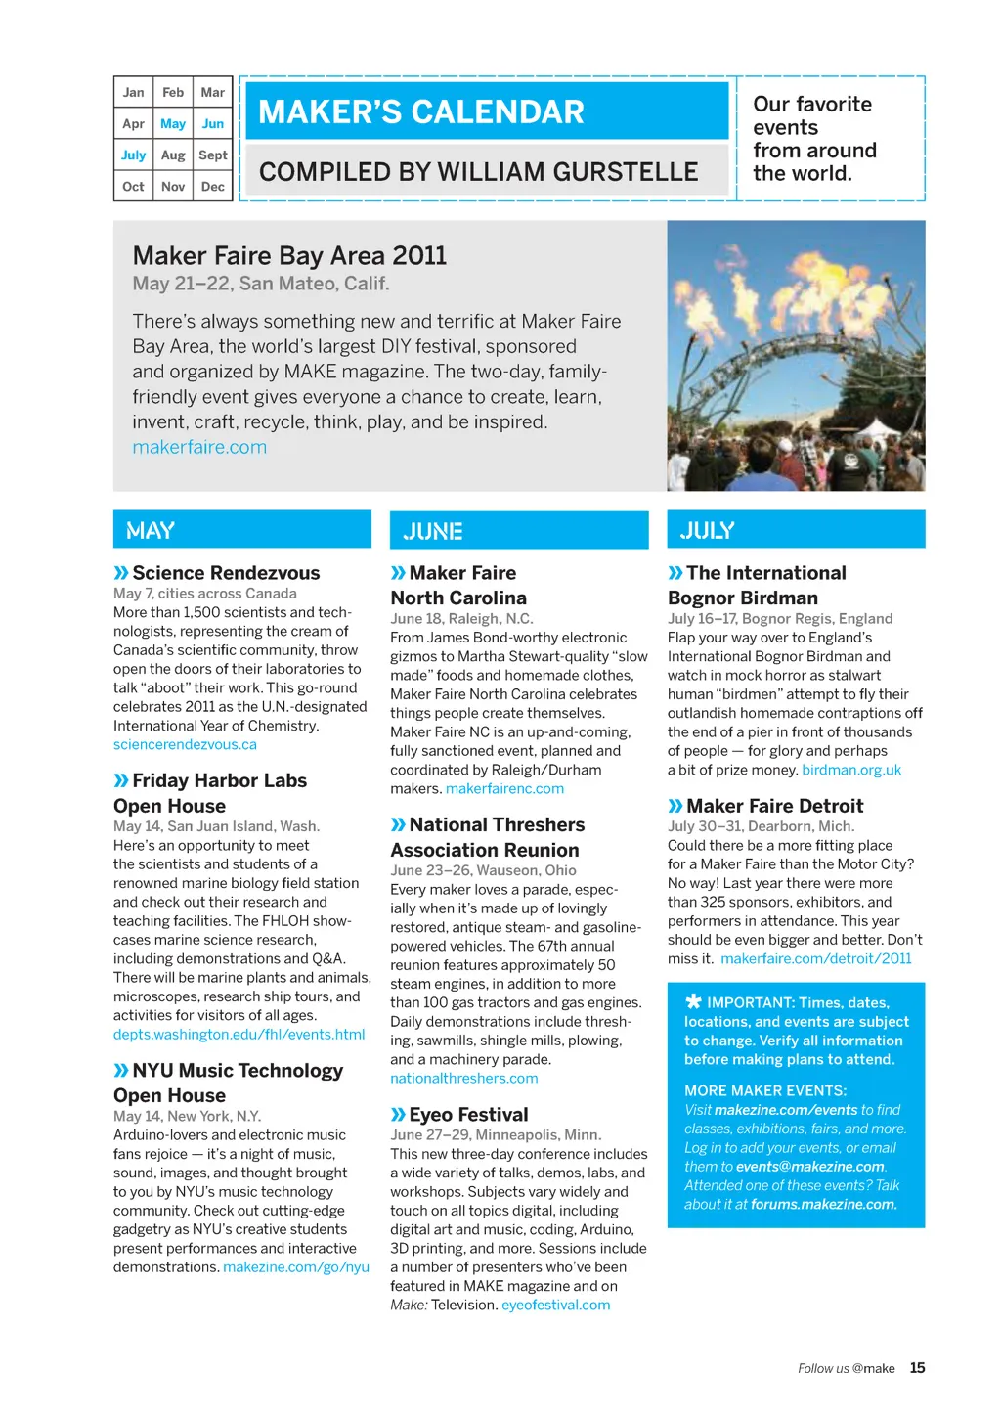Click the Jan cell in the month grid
pyautogui.click(x=133, y=92)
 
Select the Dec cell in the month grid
pyautogui.click(x=212, y=186)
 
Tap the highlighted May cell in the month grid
pyautogui.click(x=173, y=123)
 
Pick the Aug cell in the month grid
pyautogui.click(x=173, y=155)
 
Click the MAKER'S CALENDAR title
pyautogui.click(x=421, y=112)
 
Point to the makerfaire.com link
pyautogui.click(x=199, y=447)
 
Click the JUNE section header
pyautogui.click(x=433, y=531)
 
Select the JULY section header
pyautogui.click(x=708, y=530)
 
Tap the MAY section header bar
pyautogui.click(x=241, y=530)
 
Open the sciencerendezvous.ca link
pyautogui.click(x=185, y=744)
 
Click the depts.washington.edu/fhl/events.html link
pyautogui.click(x=239, y=1034)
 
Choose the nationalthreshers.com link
pyautogui.click(x=463, y=1078)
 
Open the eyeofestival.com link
pyautogui.click(x=555, y=1305)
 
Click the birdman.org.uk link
pyautogui.click(x=851, y=770)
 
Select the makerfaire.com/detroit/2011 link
pyautogui.click(x=815, y=958)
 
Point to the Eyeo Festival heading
pyautogui.click(x=468, y=1114)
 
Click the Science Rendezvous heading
pyautogui.click(x=226, y=573)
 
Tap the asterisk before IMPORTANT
pyautogui.click(x=693, y=1001)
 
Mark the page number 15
pyautogui.click(x=917, y=1368)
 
